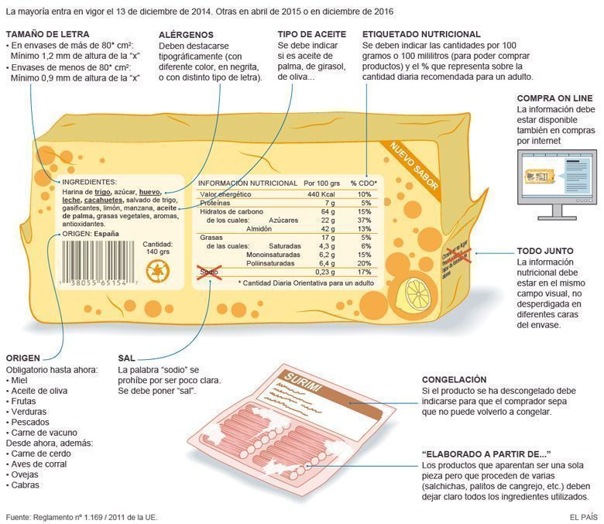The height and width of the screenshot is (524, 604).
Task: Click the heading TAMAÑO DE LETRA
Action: pyautogui.click(x=47, y=35)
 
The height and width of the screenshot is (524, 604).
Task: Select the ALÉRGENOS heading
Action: pyautogui.click(x=186, y=35)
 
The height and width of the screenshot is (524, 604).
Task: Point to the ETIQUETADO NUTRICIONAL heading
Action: pyautogui.click(x=421, y=35)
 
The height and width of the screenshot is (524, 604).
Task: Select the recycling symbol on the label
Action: pyautogui.click(x=157, y=270)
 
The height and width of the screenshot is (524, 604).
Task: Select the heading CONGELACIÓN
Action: pyautogui.click(x=454, y=380)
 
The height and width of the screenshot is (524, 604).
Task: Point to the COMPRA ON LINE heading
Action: pyautogui.click(x=554, y=98)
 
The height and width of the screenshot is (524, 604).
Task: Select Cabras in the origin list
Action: pyautogui.click(x=25, y=485)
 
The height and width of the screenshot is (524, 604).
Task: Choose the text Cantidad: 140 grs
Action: pyautogui.click(x=157, y=247)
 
